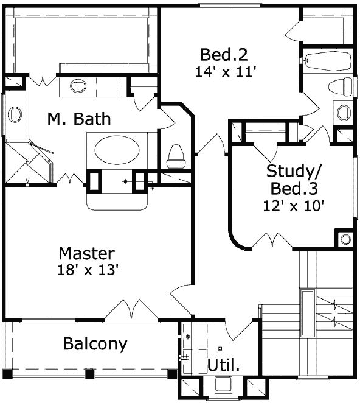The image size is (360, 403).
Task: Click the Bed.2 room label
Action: (x=224, y=54)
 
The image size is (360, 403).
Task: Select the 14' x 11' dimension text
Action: (x=225, y=71)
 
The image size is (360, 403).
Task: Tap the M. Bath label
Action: (x=79, y=119)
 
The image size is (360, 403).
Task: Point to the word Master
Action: (x=87, y=253)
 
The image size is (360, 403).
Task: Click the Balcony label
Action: (x=95, y=344)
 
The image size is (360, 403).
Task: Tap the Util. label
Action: (x=223, y=365)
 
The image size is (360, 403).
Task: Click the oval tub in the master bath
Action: (x=117, y=150)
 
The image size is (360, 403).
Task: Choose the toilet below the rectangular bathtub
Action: (x=341, y=86)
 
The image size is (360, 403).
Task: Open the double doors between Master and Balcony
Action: (x=131, y=309)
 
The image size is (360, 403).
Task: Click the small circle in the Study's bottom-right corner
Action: (x=345, y=239)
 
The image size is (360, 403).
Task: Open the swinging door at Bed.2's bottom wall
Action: (x=213, y=145)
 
